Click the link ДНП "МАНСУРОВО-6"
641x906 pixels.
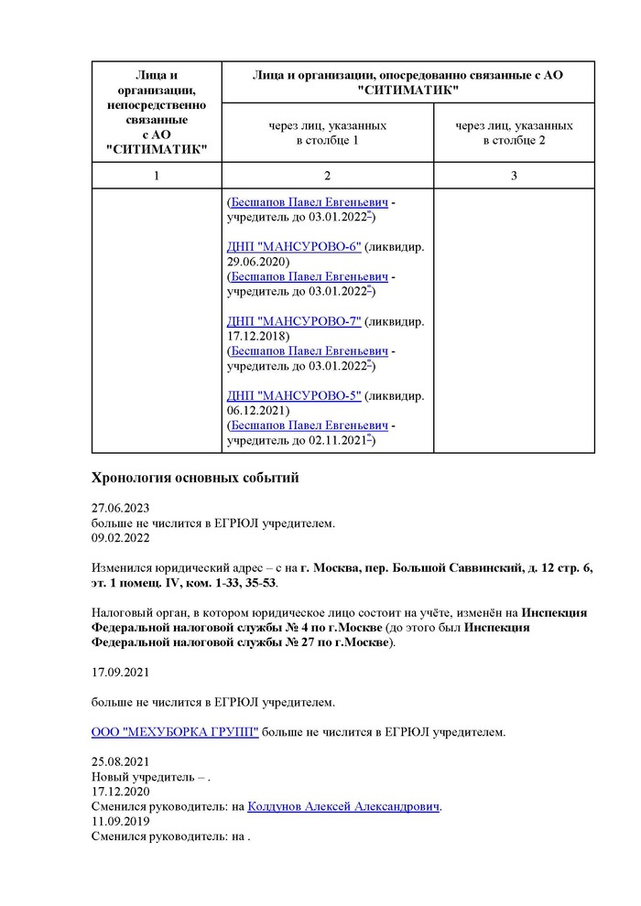[294, 246]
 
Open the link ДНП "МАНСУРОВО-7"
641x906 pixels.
[294, 321]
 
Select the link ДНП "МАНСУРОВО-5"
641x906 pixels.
[294, 395]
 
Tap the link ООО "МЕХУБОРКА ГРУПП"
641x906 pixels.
[175, 732]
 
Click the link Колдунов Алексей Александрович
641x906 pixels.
[343, 806]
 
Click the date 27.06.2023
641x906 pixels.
[120, 508]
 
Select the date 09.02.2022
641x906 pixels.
[120, 538]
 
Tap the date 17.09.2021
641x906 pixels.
[120, 673]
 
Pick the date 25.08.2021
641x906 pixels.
[120, 762]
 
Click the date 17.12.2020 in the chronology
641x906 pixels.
[120, 792]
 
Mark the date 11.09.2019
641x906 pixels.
[120, 821]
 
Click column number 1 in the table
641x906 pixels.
[157, 175]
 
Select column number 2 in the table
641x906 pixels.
[327, 175]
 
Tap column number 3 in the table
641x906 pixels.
[514, 175]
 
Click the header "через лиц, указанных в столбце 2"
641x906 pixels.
[514, 133]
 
